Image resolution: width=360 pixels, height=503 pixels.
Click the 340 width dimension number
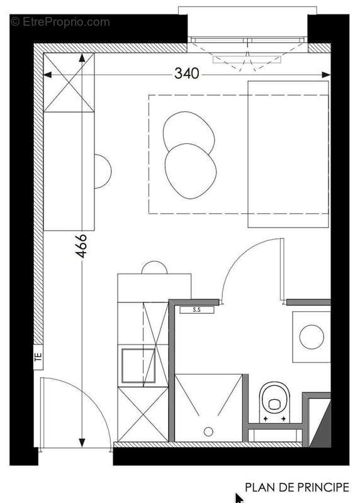click(x=186, y=74)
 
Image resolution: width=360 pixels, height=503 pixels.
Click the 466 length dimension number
click(x=81, y=246)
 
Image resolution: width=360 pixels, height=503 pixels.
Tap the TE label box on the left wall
click(x=38, y=357)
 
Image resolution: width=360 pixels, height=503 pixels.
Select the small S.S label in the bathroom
click(x=196, y=310)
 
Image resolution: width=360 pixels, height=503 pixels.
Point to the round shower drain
click(x=208, y=432)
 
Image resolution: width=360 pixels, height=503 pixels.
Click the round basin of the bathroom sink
click(x=312, y=337)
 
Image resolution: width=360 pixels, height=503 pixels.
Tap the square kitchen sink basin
click(x=138, y=366)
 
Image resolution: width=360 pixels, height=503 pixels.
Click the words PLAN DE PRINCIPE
click(x=297, y=487)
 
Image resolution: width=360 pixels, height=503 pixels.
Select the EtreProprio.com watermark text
click(x=60, y=22)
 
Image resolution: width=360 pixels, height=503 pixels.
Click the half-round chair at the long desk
click(x=103, y=171)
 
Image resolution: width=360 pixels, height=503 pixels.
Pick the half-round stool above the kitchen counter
click(x=154, y=268)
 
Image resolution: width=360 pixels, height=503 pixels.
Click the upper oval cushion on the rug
click(x=189, y=131)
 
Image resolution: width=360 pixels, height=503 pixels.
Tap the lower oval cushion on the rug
click(x=191, y=171)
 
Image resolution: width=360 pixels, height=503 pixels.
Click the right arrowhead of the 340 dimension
click(x=326, y=75)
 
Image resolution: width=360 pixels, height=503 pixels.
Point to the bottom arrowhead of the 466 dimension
click(x=82, y=443)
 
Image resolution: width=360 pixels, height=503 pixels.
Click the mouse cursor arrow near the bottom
click(x=239, y=498)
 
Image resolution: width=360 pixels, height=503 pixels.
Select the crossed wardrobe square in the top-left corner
click(x=69, y=82)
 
